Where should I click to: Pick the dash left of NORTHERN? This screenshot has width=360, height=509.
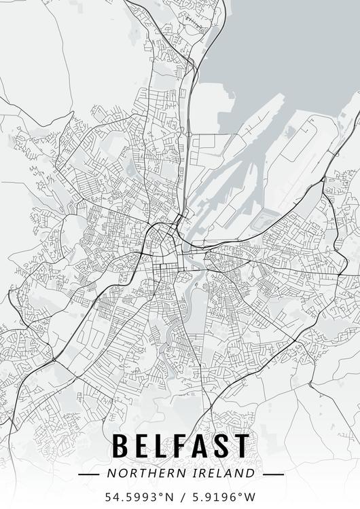(x=89, y=474)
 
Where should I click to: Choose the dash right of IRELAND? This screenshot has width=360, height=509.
(x=272, y=474)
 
